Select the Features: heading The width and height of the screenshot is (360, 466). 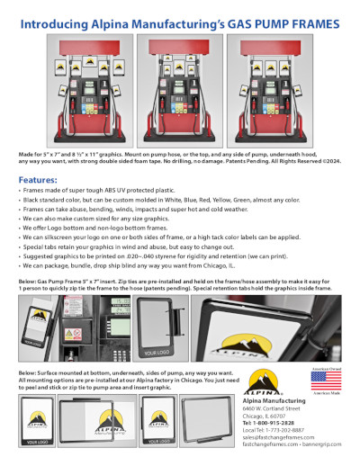pos(37,180)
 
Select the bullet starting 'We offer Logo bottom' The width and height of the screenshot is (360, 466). pos(98,229)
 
